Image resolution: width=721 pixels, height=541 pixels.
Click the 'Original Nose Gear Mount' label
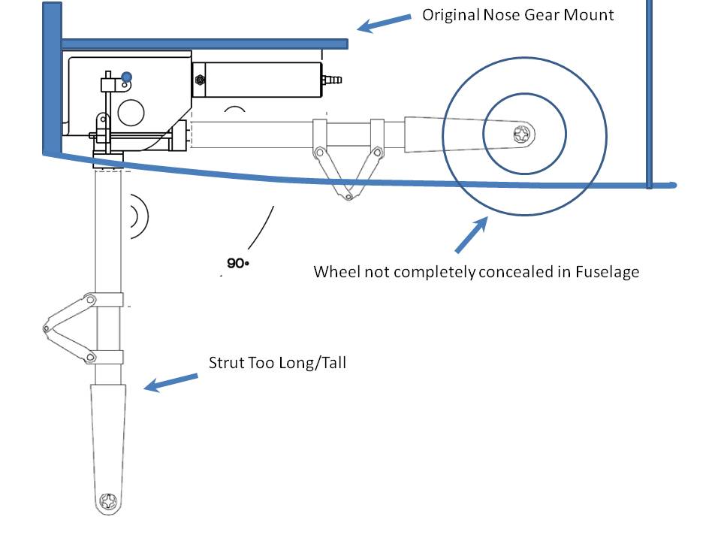pyautogui.click(x=517, y=14)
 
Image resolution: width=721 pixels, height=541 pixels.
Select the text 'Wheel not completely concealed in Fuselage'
pyautogui.click(x=476, y=271)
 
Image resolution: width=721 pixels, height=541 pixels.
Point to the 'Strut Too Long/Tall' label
pyautogui.click(x=277, y=363)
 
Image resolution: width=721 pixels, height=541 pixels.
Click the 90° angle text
pyautogui.click(x=237, y=264)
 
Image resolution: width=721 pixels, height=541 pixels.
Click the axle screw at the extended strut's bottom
pyautogui.click(x=110, y=501)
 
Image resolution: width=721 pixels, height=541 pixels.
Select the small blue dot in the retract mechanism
pyautogui.click(x=127, y=76)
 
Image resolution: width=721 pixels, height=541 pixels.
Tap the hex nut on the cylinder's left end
pyautogui.click(x=199, y=79)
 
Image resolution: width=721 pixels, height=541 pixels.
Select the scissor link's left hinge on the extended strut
pyautogui.click(x=47, y=328)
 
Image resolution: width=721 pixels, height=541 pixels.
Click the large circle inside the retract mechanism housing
pyautogui.click(x=131, y=113)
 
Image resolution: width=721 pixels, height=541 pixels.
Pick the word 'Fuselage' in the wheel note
pyautogui.click(x=608, y=271)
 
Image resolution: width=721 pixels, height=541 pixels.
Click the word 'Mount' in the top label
pyautogui.click(x=590, y=14)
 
